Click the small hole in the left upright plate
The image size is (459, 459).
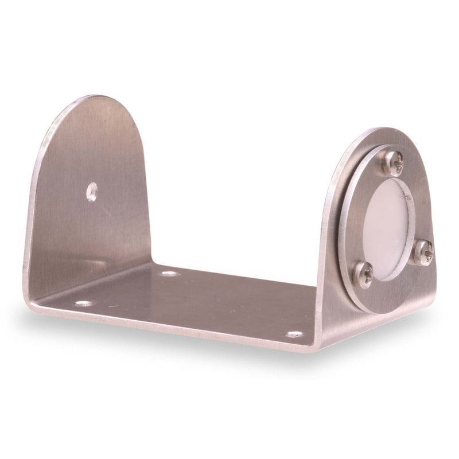click(92, 191)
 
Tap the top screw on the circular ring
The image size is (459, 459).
click(392, 163)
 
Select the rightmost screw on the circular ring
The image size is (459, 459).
click(423, 251)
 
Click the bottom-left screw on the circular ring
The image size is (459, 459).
click(363, 274)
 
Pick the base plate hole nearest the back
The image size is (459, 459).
click(170, 273)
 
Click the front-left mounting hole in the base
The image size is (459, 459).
click(83, 303)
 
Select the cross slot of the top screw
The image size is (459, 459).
click(392, 163)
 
